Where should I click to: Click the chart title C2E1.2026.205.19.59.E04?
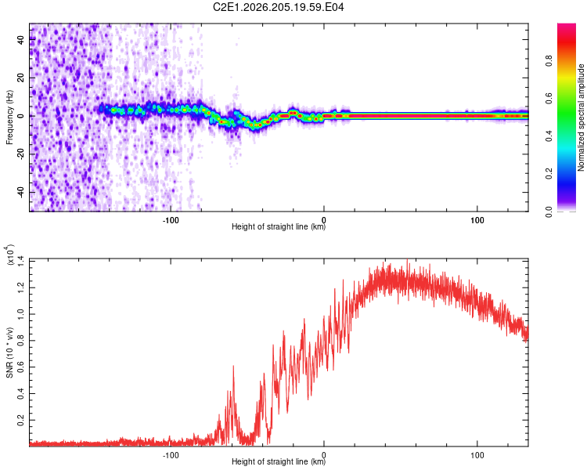pos(278,7)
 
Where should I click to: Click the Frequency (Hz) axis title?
pos(9,117)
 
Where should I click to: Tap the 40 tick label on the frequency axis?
pos(21,39)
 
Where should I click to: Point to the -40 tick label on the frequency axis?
pos(21,192)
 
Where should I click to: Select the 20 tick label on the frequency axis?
pos(21,78)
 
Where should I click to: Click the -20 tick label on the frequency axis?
pos(21,154)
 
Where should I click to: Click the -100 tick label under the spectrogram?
pos(171,220)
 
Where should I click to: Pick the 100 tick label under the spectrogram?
pos(477,220)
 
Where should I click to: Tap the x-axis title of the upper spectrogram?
pos(279,226)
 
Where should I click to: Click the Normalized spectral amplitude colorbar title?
pos(581,117)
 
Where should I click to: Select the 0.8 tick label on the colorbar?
pos(549,61)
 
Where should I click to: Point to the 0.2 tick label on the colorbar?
pos(549,174)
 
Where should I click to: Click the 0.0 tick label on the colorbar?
pos(549,212)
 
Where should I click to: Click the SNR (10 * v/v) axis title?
pos(9,352)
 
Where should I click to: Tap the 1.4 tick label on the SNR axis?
pos(21,261)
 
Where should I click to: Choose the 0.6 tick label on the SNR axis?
pos(21,367)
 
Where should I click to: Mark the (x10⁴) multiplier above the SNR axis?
pos(9,255)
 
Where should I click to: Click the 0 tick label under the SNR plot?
pos(324,455)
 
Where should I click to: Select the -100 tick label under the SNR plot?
pos(171,455)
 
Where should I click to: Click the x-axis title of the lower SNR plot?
pos(279,461)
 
